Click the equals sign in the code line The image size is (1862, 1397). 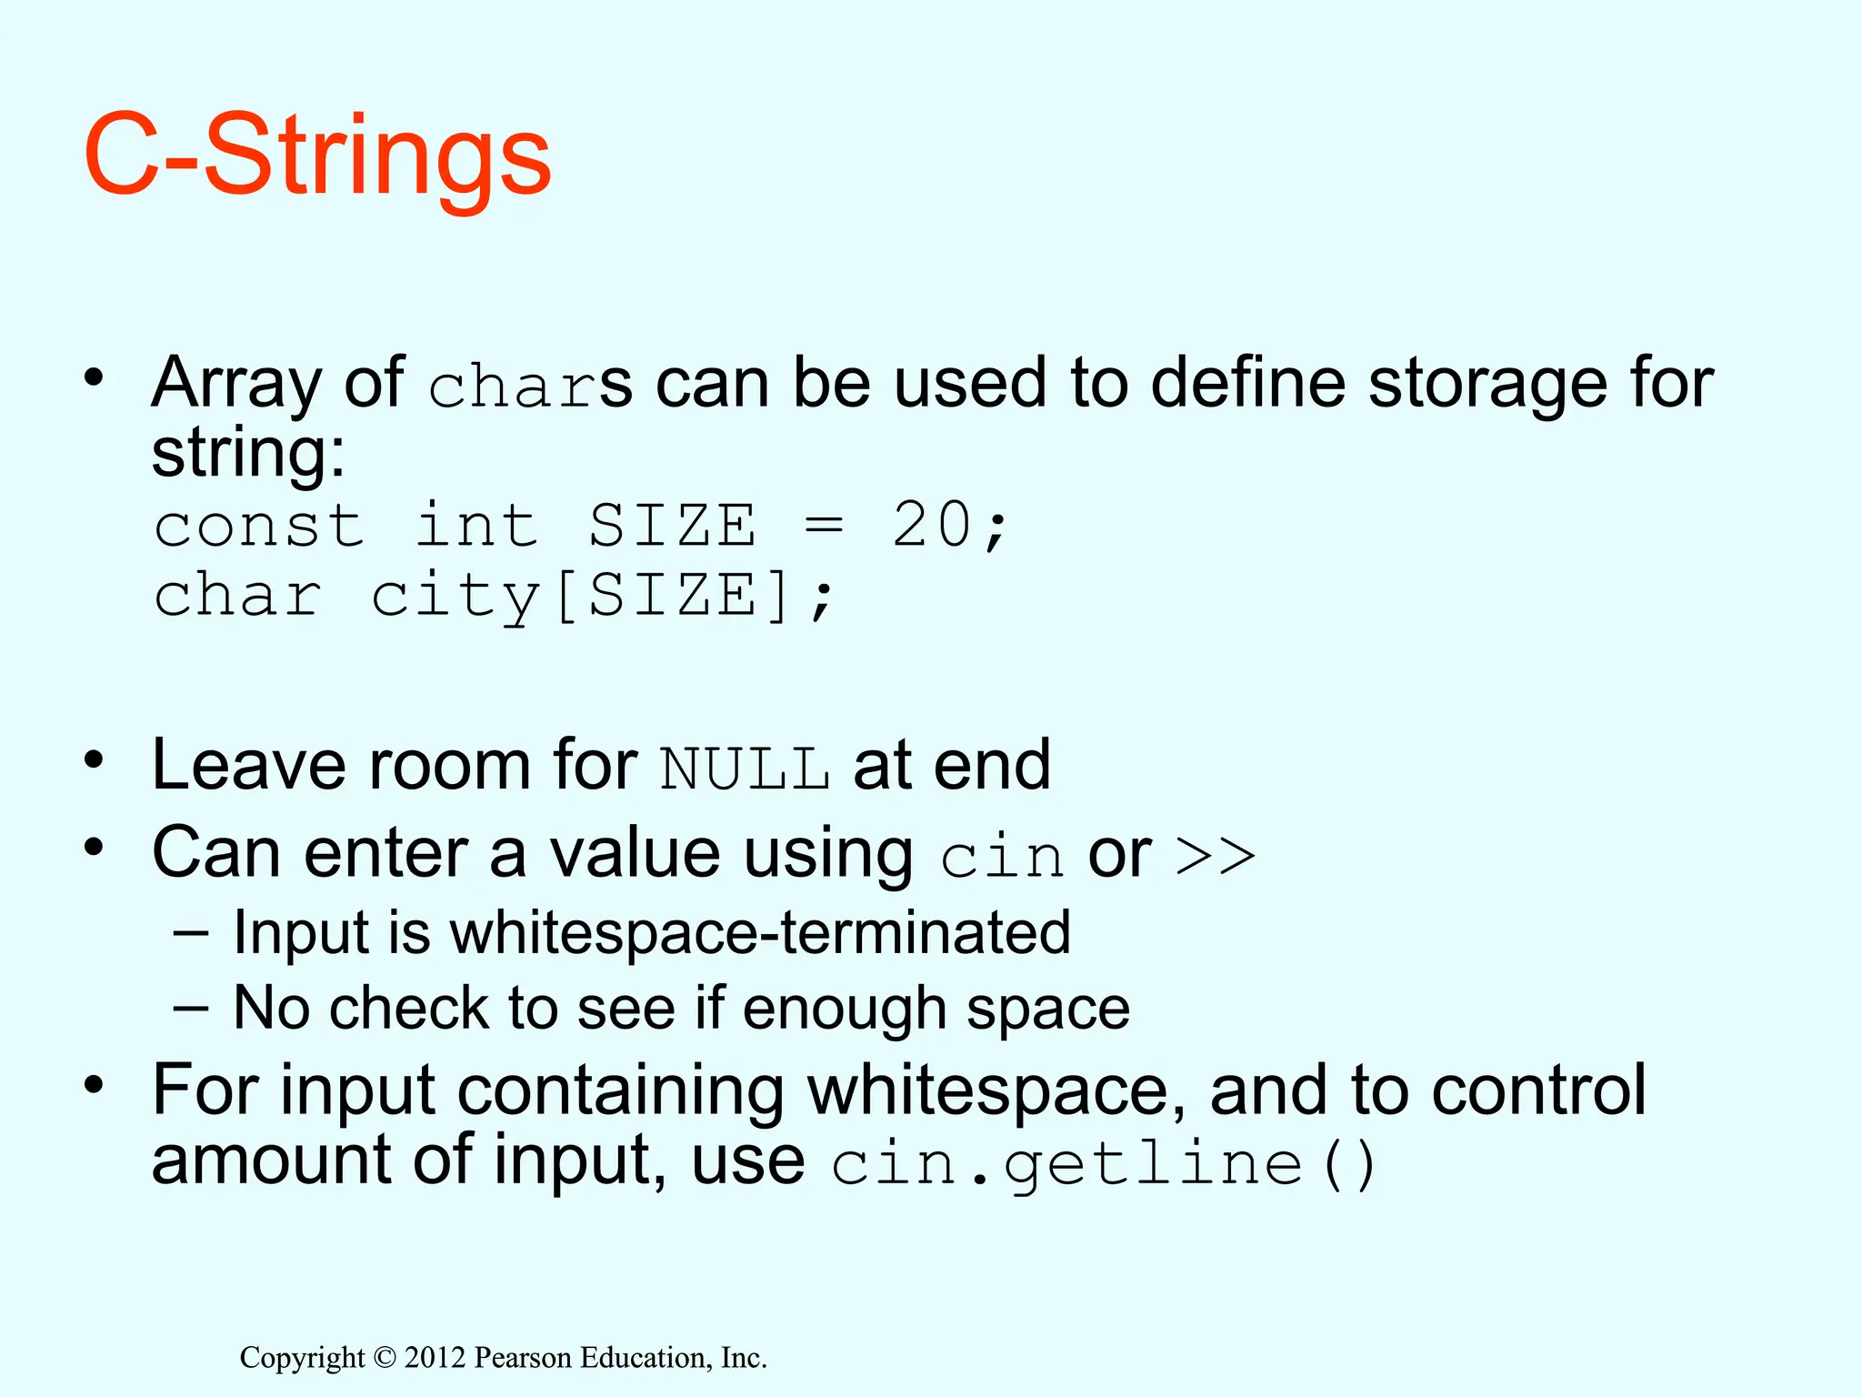tap(824, 527)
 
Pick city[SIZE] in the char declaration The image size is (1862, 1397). tap(581, 597)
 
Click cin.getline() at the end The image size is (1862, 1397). tap(1103, 1165)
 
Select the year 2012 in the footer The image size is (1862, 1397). tap(435, 1358)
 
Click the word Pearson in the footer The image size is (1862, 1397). tap(524, 1358)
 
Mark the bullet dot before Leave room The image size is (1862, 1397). tap(94, 760)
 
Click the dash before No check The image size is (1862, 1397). tap(191, 1008)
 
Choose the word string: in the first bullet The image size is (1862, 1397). tap(248, 453)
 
